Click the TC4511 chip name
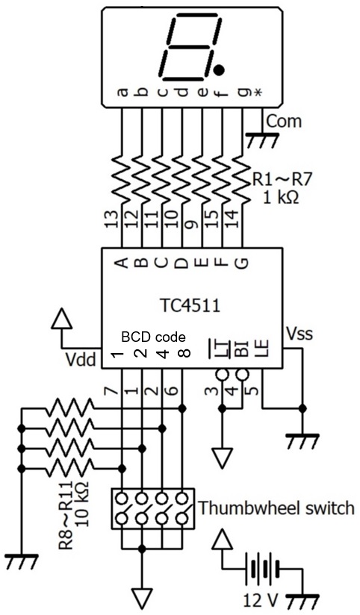191,305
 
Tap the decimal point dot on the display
220,70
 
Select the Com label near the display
285,121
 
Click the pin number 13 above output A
112,220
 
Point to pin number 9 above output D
193,225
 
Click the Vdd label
81,359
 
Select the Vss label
300,334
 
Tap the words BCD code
153,337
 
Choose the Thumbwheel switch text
277,508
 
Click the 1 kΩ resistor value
281,197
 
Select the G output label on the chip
243,263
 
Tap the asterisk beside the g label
258,93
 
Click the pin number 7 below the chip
112,390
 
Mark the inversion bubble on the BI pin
242,375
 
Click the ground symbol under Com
262,141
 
